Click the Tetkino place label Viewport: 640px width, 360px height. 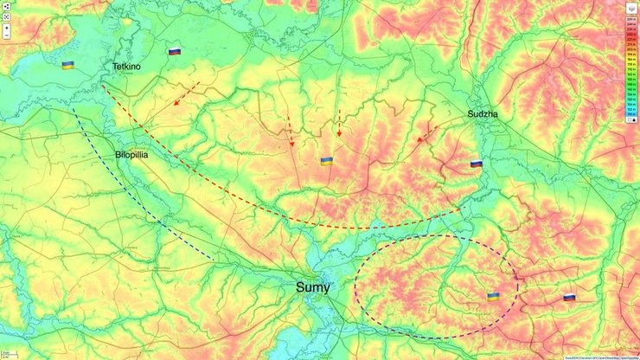tap(126, 67)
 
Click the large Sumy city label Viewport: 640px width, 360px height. tap(313, 287)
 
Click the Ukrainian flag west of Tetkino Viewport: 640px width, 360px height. tap(67, 65)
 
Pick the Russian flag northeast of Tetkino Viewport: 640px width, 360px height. tap(175, 52)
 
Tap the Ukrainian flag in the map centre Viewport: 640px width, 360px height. tap(327, 161)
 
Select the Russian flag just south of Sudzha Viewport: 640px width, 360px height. tap(476, 164)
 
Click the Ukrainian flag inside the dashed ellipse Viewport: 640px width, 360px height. tap(492, 297)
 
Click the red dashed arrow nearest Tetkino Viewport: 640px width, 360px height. tap(187, 94)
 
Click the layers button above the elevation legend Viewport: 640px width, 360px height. tap(631, 9)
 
